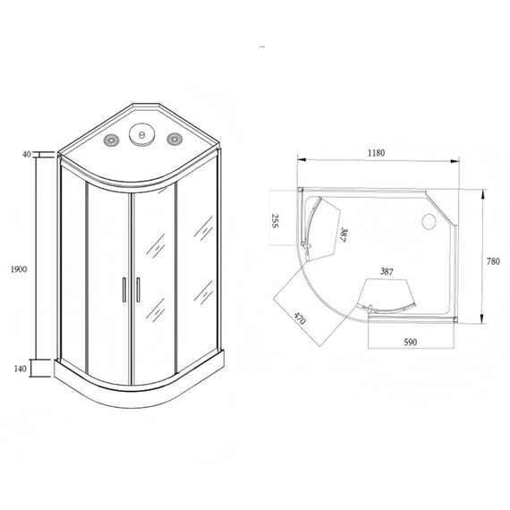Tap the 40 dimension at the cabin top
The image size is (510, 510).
click(x=27, y=154)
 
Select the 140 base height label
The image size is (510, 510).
click(x=21, y=368)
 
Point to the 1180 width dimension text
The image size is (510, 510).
click(x=375, y=153)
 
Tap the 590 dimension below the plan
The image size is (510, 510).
click(x=411, y=342)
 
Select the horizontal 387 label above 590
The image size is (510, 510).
click(x=387, y=270)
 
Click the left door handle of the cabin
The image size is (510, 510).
click(x=121, y=290)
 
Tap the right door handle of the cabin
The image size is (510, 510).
click(x=139, y=290)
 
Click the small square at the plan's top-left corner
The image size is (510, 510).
click(x=301, y=189)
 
